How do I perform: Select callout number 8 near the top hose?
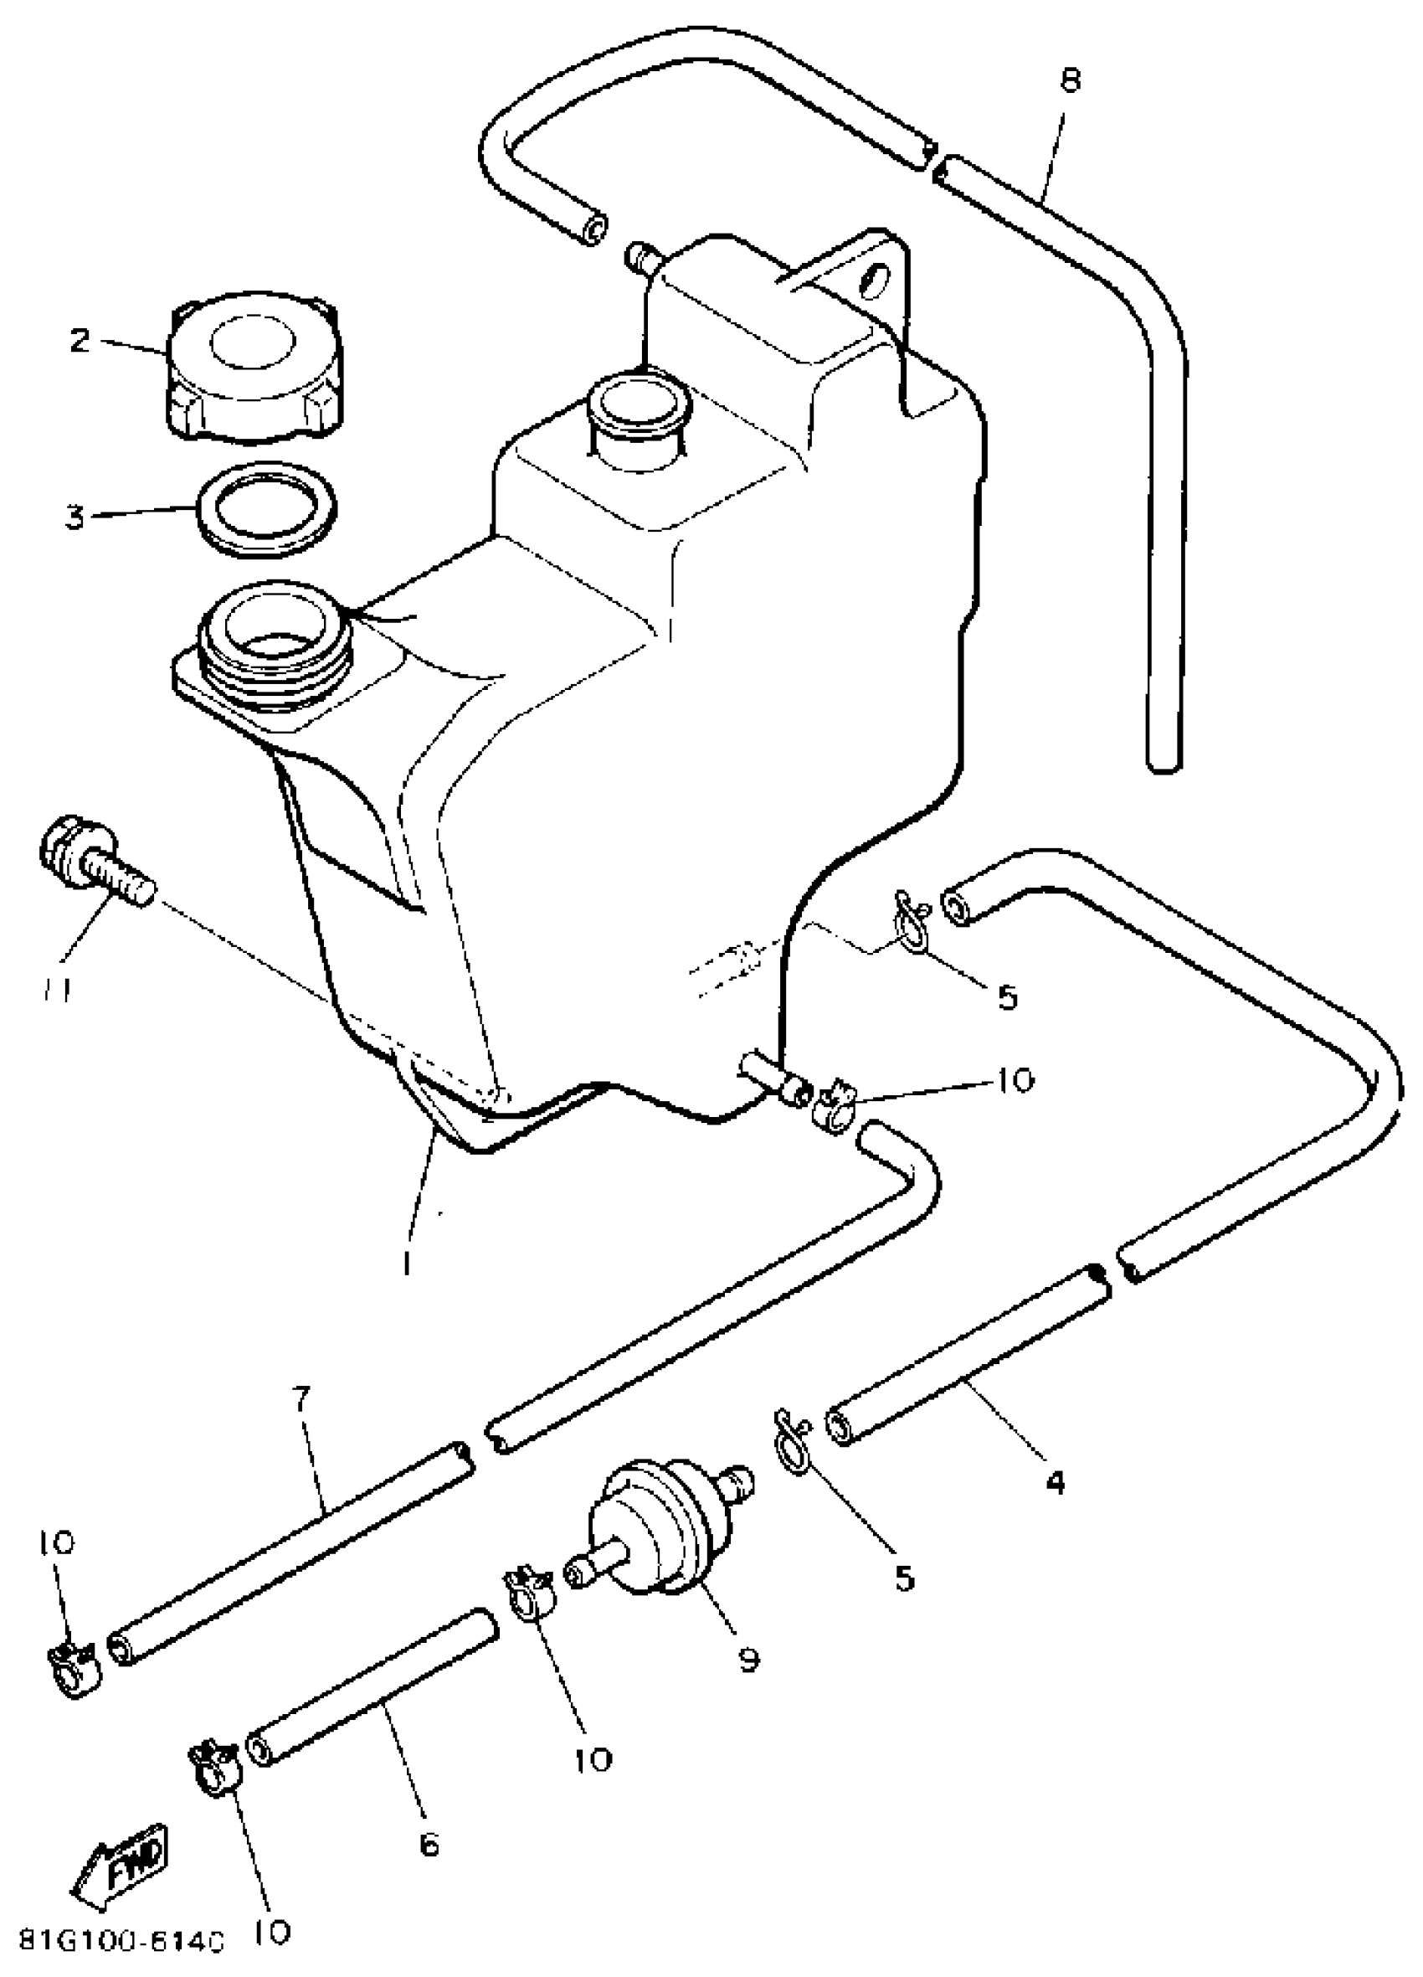point(1071,81)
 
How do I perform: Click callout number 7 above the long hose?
point(300,1400)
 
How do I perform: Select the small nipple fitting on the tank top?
point(643,257)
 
